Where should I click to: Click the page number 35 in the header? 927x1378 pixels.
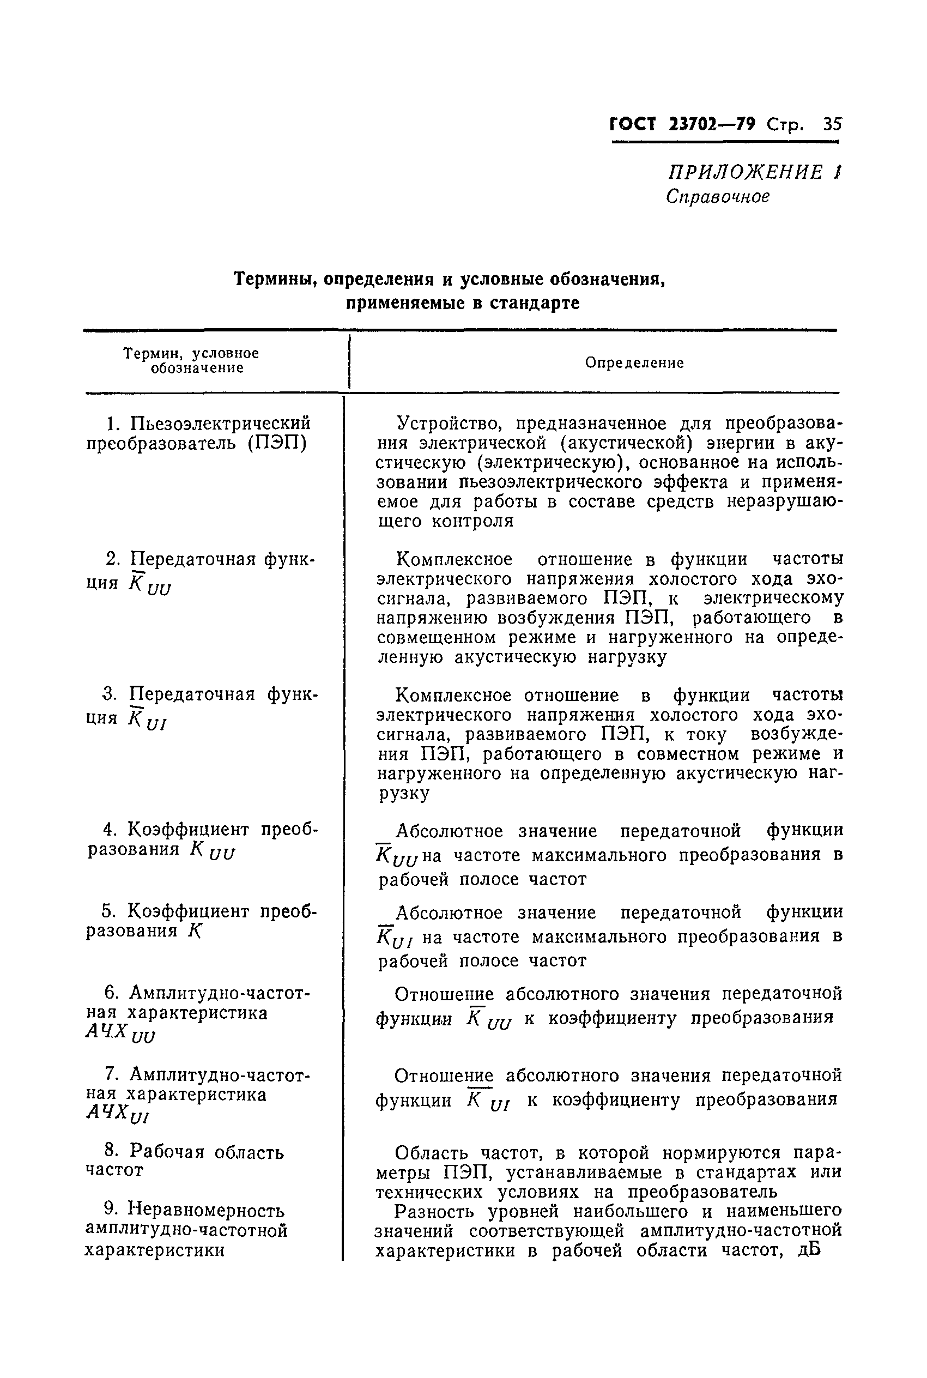[x=831, y=124]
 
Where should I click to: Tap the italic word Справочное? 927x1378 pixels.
[x=718, y=196]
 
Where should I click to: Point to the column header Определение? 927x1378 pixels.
[x=634, y=362]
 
